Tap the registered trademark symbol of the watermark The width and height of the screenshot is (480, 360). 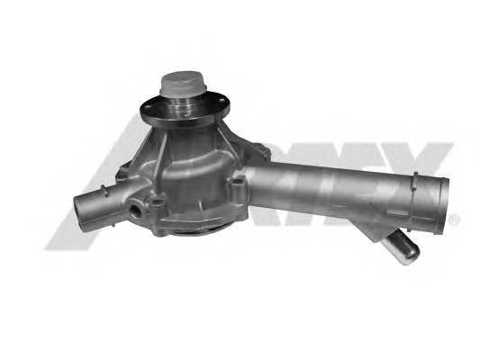click(x=454, y=218)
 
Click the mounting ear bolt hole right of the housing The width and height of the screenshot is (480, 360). click(x=239, y=186)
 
